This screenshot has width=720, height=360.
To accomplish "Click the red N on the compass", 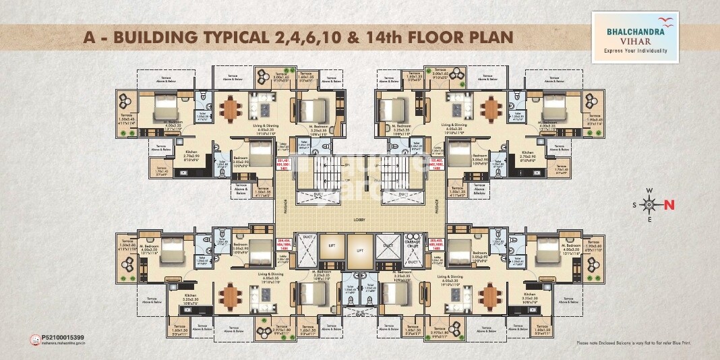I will (x=669, y=205).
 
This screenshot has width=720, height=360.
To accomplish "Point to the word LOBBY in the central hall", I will (x=360, y=220).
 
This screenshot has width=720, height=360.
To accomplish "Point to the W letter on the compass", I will (x=649, y=191).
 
